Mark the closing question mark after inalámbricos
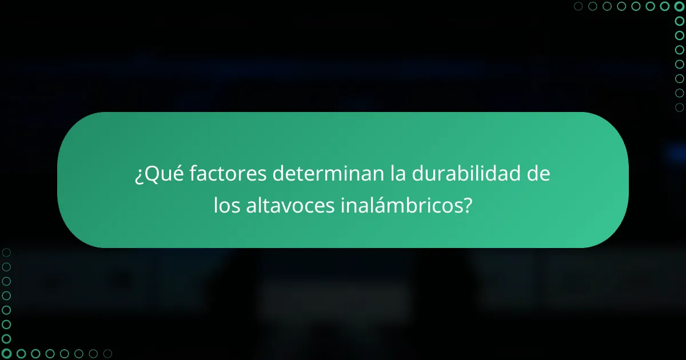point(468,206)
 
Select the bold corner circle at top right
point(679,6)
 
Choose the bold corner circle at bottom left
point(6,354)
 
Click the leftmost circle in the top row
point(578,6)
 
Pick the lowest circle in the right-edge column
point(679,107)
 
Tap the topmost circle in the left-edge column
point(6,252)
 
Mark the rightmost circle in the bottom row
point(107,354)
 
